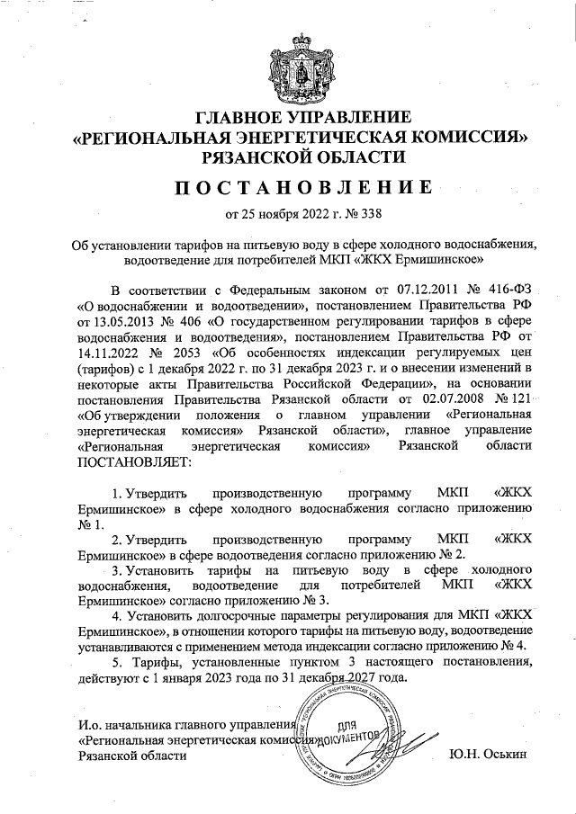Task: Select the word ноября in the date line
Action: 274,214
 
